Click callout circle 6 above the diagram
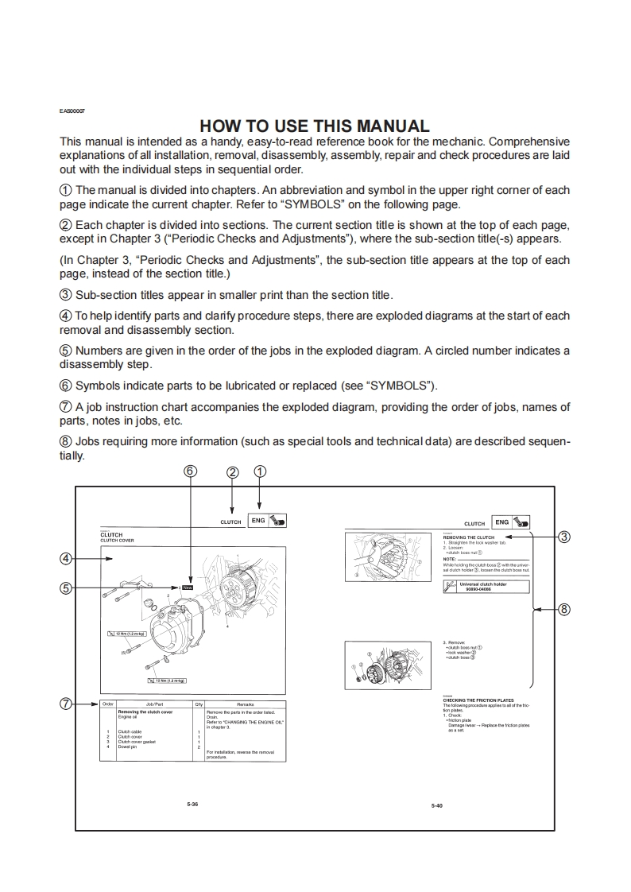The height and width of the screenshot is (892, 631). (189, 471)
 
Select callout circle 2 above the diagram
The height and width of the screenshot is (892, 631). (232, 472)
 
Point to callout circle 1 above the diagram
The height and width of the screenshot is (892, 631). (260, 471)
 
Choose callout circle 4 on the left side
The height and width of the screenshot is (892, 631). (67, 558)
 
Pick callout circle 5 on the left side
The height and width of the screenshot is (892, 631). (67, 588)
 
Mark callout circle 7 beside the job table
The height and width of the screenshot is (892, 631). (67, 704)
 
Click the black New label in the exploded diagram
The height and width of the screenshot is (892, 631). (188, 588)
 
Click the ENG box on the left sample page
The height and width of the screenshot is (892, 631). (257, 521)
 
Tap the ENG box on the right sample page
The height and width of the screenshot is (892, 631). (501, 522)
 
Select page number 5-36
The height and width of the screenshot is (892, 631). (192, 805)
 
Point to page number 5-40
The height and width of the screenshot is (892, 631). (436, 806)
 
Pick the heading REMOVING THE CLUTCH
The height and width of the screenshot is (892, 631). (468, 537)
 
